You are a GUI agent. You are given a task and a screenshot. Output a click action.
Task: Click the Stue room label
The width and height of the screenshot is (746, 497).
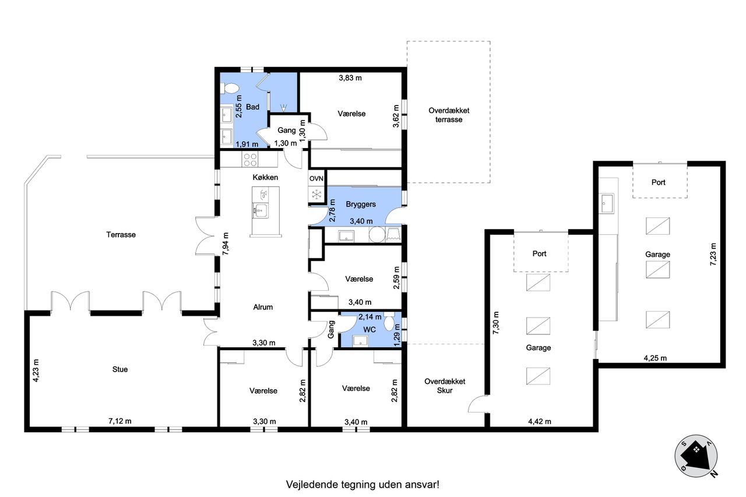(x=120, y=369)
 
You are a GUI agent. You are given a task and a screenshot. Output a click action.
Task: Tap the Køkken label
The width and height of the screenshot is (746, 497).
(x=265, y=178)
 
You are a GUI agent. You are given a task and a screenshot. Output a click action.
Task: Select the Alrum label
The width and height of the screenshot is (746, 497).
(x=263, y=307)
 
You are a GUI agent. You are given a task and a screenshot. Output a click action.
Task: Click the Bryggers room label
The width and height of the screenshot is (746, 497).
(x=361, y=205)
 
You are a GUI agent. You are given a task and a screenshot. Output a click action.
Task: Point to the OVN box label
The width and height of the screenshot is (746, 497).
(x=316, y=179)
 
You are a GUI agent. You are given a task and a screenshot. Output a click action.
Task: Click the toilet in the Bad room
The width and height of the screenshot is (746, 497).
(x=230, y=88)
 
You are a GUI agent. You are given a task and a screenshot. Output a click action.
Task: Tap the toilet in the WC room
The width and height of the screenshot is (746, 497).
(x=389, y=322)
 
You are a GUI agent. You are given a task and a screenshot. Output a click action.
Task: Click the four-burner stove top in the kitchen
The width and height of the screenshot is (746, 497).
(x=249, y=159)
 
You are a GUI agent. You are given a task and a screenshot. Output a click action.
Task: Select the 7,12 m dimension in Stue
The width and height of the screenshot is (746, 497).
(x=120, y=421)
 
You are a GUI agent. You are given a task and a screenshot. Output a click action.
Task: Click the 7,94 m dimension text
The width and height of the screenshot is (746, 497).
(x=226, y=244)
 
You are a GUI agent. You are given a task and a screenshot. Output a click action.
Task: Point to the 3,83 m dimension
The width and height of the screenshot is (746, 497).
(x=350, y=78)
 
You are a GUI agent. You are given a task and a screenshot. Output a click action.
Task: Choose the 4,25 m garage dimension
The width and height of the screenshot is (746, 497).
(x=655, y=358)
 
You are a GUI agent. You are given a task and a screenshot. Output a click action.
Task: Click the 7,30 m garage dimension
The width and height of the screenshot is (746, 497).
(x=496, y=323)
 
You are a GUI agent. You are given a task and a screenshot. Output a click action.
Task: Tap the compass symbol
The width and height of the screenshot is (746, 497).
(x=696, y=456)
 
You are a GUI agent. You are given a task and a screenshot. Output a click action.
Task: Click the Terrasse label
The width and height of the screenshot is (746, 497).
(x=121, y=235)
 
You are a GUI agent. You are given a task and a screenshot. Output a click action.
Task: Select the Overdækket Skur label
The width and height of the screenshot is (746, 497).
(x=445, y=386)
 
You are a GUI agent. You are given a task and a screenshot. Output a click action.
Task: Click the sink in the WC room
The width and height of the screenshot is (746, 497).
(x=360, y=341)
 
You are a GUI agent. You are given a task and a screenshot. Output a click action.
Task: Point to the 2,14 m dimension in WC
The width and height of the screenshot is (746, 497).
(x=370, y=317)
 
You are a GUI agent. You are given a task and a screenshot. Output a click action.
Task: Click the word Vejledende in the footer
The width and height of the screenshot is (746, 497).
(x=312, y=484)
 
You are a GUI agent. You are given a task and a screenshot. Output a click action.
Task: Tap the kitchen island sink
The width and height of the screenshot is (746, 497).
(x=261, y=211)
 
